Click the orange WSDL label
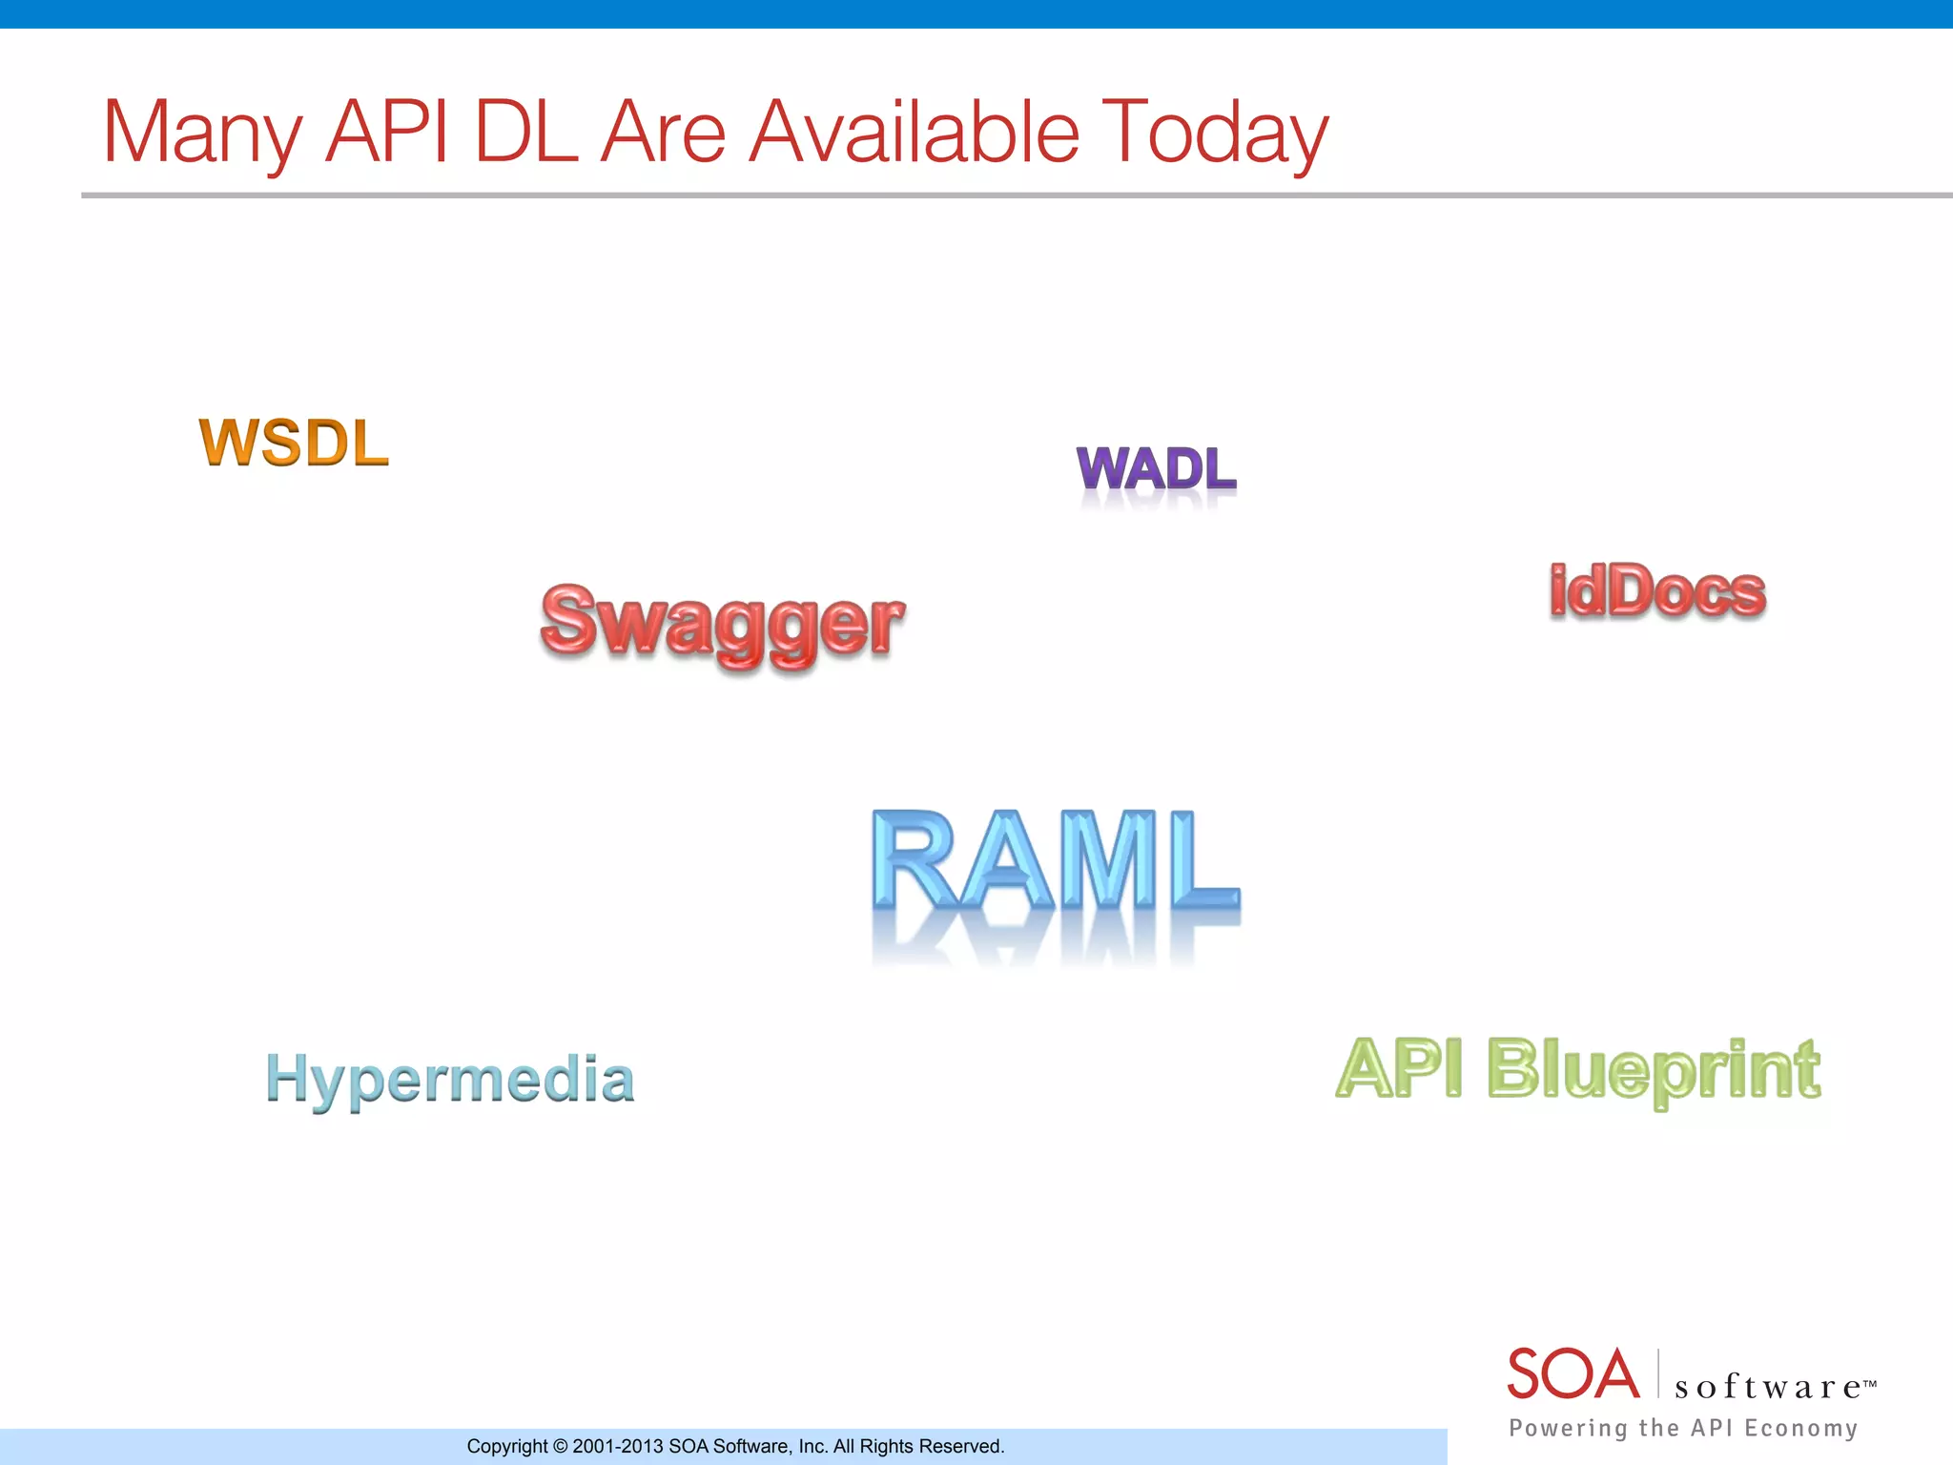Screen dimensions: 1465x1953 coord(294,444)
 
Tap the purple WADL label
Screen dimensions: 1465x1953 coord(1156,469)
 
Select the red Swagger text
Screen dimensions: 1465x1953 coord(722,623)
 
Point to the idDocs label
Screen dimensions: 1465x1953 coord(1657,591)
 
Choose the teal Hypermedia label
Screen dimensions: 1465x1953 coord(450,1080)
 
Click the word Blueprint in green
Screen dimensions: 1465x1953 coord(1654,1070)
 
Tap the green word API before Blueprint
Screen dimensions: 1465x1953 coord(1399,1068)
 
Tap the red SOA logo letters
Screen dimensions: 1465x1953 coord(1573,1375)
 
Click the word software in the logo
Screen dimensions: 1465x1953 coord(1767,1387)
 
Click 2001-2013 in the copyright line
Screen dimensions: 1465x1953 coord(617,1447)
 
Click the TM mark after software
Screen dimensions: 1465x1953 coord(1870,1382)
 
